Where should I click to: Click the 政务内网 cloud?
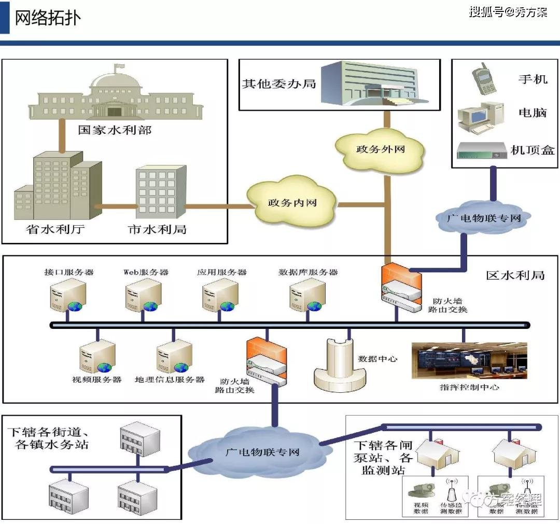point(291,202)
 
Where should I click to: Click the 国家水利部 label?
point(115,130)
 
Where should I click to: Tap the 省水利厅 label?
point(56,229)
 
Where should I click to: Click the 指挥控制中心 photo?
point(469,360)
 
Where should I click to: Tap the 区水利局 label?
point(515,275)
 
